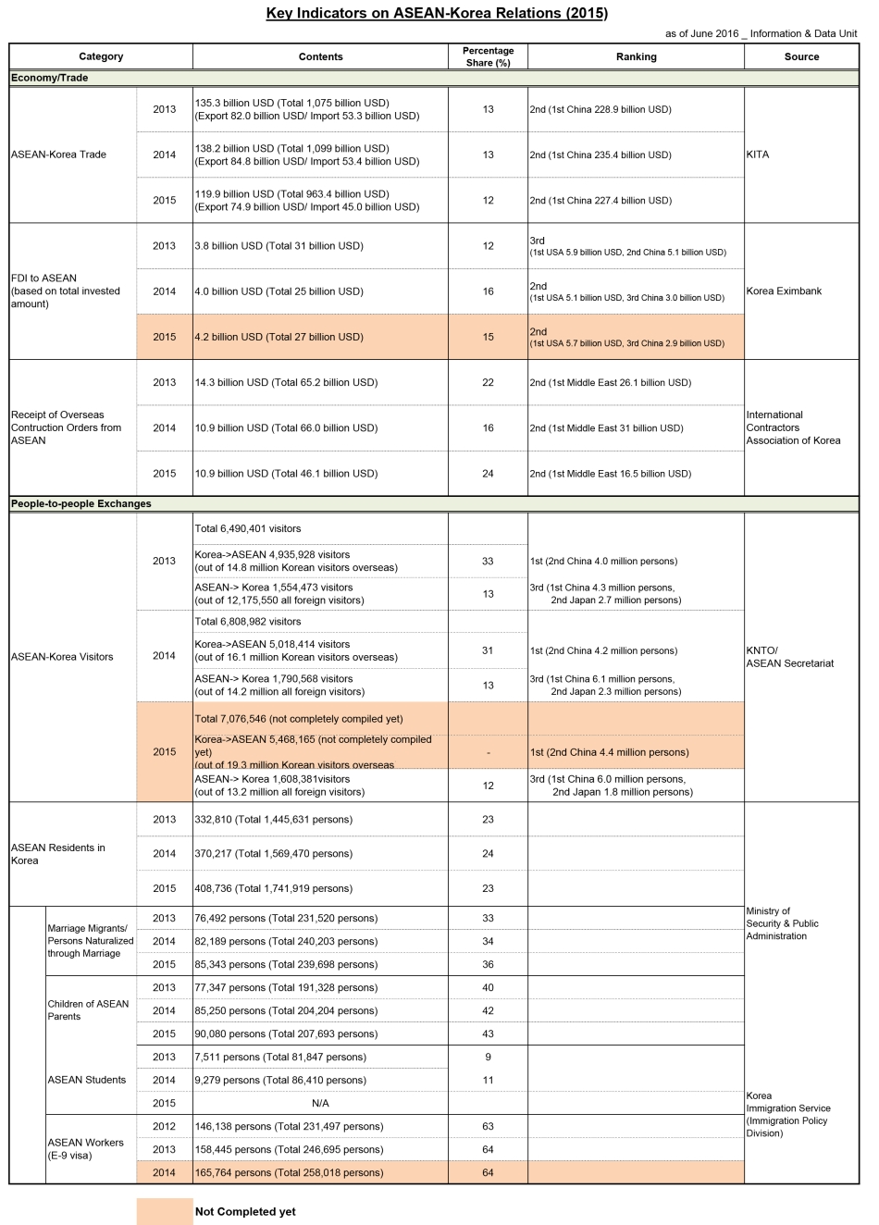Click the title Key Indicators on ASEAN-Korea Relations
point(437,13)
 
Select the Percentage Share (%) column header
point(488,56)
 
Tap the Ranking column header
point(636,56)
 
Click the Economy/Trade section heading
point(50,78)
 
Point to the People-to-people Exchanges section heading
point(81,504)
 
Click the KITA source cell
point(758,155)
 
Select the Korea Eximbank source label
point(784,291)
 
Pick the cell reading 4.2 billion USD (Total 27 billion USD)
point(279,337)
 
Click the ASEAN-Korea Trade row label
point(58,155)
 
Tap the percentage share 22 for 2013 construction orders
point(488,382)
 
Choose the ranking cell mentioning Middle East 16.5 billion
point(610,474)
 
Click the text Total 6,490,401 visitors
point(248,529)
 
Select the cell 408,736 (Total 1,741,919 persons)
point(273,888)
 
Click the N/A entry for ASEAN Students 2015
point(320,1103)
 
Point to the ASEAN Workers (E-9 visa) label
point(85,1149)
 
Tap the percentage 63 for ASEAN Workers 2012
point(488,1126)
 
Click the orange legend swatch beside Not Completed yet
point(165,1211)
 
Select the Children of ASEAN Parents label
point(88,1010)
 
